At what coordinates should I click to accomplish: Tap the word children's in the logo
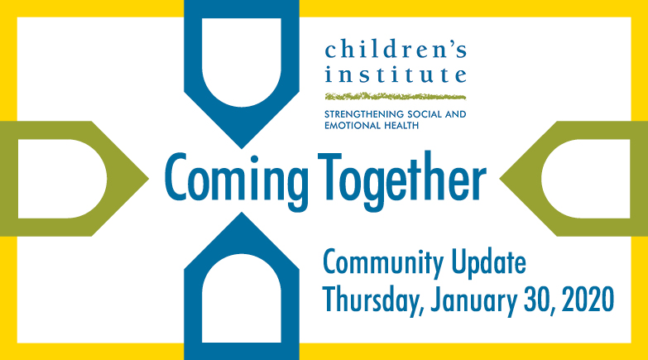point(396,49)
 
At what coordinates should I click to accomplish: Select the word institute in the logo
point(396,74)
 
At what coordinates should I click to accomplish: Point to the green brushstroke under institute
point(396,97)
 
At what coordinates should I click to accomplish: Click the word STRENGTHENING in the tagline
point(358,114)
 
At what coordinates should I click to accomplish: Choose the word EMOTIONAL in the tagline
point(352,125)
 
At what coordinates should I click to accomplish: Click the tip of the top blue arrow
point(242,148)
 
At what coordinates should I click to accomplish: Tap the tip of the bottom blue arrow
point(242,213)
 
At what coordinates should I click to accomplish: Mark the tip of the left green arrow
point(148,179)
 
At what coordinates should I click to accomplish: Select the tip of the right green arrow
point(500,179)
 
